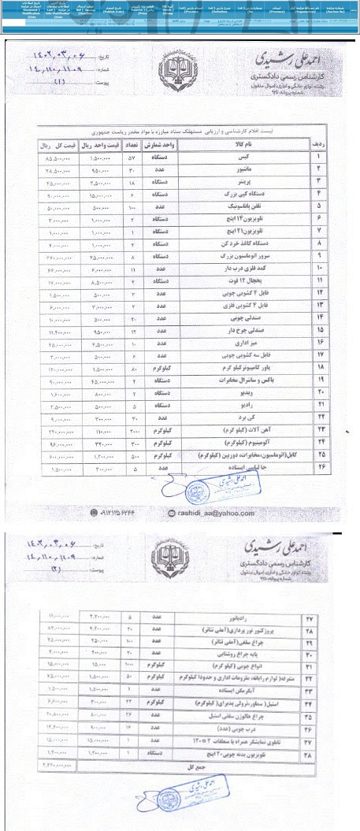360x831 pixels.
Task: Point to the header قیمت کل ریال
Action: [57, 145]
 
